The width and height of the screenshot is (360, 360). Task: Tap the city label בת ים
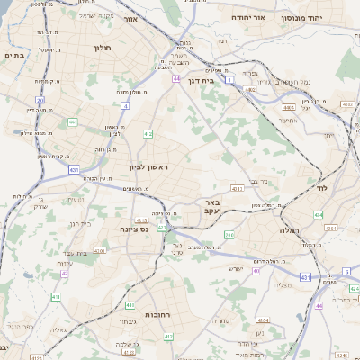(x=13, y=56)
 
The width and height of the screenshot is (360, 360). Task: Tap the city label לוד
(x=321, y=189)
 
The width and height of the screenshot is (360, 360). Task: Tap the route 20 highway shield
(x=40, y=100)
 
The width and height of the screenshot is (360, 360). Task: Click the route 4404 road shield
(x=291, y=106)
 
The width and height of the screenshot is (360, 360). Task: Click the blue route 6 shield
(x=345, y=270)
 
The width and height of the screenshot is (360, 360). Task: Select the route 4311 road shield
(x=237, y=189)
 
